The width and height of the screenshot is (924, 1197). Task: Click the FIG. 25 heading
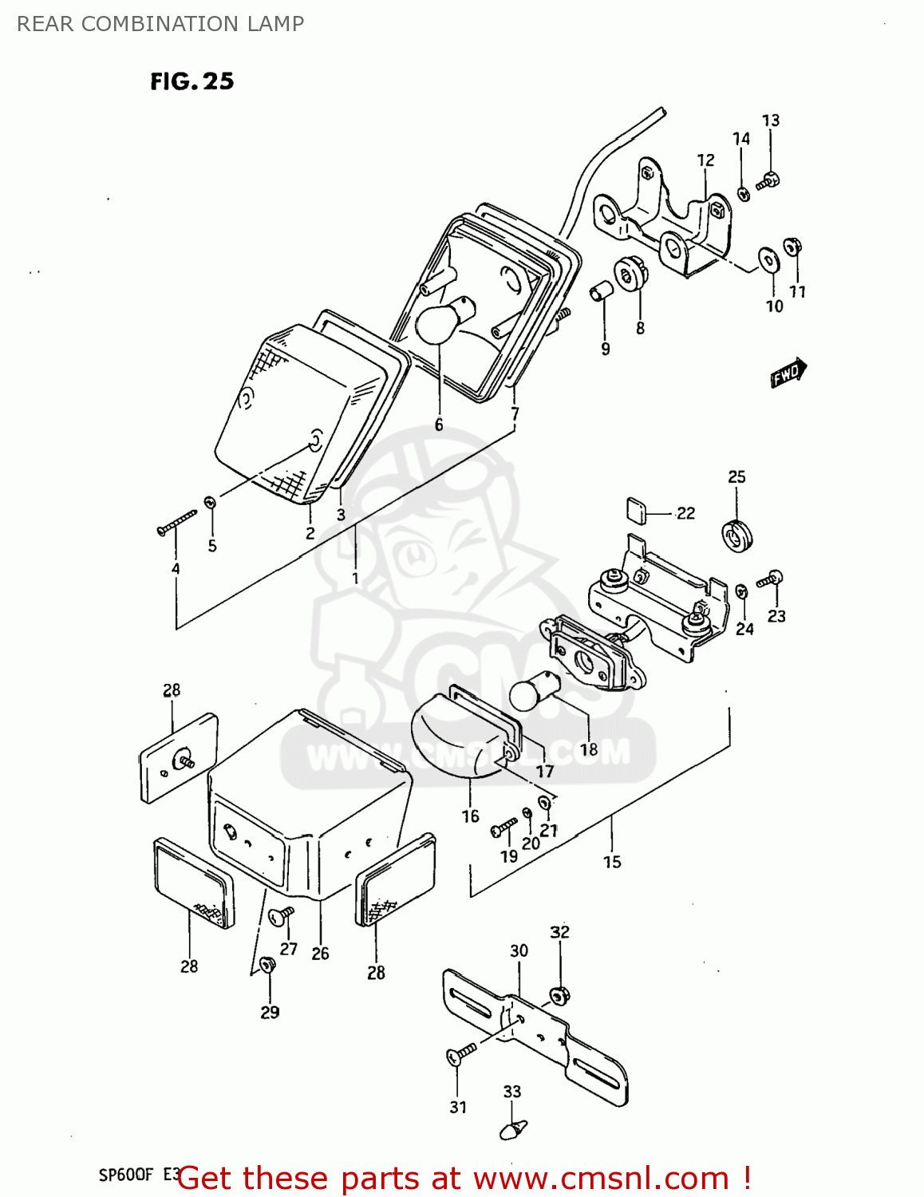(x=192, y=81)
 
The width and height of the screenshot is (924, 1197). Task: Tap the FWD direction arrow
(x=788, y=373)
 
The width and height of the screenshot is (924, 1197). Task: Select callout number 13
(x=770, y=120)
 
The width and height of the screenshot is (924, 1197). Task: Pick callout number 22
(x=685, y=513)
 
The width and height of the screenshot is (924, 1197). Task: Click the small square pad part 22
(x=636, y=509)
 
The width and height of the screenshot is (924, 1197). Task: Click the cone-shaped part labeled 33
(x=513, y=1129)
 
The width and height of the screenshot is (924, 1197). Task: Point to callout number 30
(x=519, y=950)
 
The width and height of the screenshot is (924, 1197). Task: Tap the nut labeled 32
(x=559, y=995)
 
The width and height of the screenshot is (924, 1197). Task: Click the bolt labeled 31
(x=460, y=1054)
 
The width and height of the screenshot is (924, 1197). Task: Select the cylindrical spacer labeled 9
(x=601, y=292)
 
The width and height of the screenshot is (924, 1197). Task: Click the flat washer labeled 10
(x=768, y=259)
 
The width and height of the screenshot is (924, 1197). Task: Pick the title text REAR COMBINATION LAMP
(x=160, y=24)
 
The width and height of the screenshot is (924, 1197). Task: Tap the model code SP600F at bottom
(x=125, y=1175)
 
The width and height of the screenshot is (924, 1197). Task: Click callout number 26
(x=320, y=954)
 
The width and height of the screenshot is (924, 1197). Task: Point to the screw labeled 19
(x=503, y=828)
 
